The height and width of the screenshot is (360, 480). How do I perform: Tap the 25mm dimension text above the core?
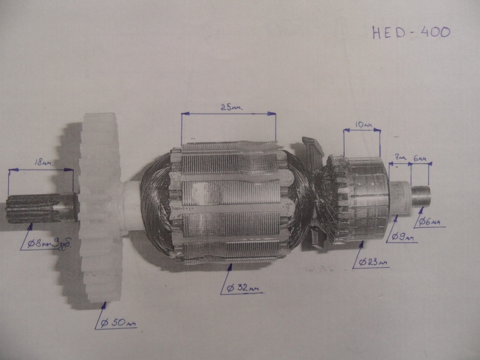(230, 107)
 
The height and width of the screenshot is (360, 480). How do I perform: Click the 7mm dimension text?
(400, 157)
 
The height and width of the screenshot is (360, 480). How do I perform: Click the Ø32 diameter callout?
(244, 288)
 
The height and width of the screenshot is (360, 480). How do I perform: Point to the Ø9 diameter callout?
(403, 238)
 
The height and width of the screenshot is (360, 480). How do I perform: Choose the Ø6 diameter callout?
(431, 221)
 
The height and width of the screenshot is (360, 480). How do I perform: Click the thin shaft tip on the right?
(420, 195)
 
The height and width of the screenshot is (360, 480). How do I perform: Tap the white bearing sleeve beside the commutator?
(397, 198)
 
